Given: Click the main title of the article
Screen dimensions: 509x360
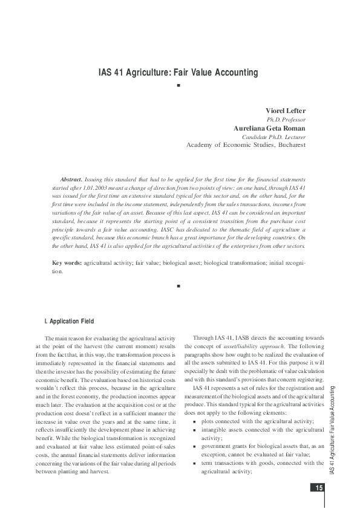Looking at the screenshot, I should click(178, 73).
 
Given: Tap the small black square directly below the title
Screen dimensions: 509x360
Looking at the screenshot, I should click(178, 87).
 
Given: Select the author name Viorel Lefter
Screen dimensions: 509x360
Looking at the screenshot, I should click(286, 111).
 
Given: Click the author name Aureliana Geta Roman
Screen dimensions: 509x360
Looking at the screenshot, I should click(269, 128).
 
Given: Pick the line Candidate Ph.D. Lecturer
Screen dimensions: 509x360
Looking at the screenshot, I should click(273, 137).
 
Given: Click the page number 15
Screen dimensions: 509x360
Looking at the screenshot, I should click(317, 488).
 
